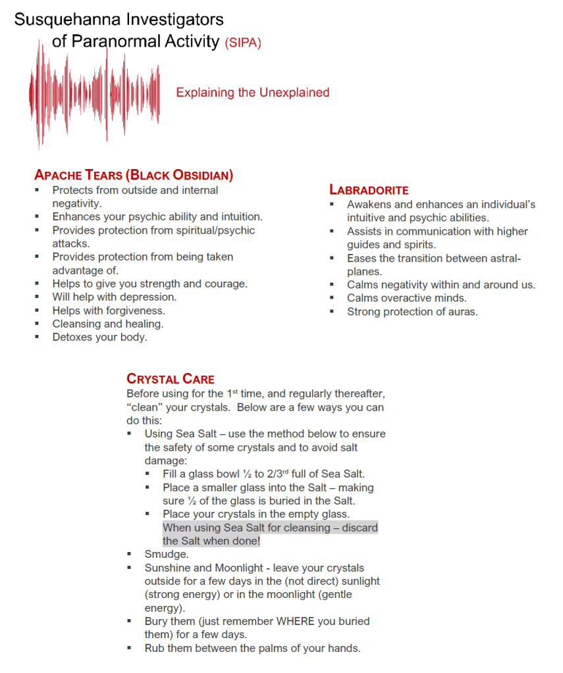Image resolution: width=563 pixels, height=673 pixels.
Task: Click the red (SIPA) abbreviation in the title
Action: coord(243,43)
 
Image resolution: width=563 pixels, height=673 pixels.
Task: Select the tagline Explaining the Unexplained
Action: coord(252,93)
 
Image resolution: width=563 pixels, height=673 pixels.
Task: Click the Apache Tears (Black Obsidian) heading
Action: coord(134,175)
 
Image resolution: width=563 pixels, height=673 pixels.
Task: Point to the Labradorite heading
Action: coord(369,189)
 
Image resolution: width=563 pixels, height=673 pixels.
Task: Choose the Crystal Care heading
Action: coord(170,379)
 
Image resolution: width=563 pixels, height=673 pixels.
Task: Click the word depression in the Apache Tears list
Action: coord(151,297)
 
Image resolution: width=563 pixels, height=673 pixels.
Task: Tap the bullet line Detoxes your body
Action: coord(100,337)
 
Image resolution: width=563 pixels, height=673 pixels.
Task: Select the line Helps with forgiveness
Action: coord(109,311)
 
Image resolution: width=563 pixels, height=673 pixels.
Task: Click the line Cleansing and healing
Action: coord(108,324)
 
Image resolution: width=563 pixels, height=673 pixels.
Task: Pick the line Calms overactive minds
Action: coord(406,298)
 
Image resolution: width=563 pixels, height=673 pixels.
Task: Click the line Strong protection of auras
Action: coord(412,312)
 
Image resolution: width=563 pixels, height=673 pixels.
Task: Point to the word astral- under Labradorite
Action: coord(504,259)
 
